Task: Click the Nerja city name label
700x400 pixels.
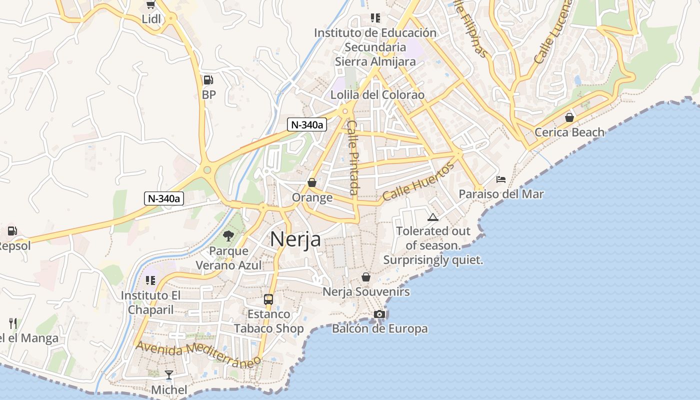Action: tap(295, 239)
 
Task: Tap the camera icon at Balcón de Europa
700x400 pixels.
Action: tap(379, 314)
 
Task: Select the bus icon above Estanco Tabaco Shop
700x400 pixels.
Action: tap(268, 299)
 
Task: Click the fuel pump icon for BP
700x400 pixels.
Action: tap(208, 80)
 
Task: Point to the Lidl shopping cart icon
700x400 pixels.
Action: tap(150, 5)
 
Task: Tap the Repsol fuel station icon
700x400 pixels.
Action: tap(12, 231)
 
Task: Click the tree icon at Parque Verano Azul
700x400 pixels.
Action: tap(229, 235)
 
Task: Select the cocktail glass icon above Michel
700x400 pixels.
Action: tap(169, 374)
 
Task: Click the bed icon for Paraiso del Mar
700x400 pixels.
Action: tap(501, 179)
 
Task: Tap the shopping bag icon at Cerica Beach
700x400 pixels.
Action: tap(569, 117)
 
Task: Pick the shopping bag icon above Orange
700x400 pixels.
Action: tap(312, 183)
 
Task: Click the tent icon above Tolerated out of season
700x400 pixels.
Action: tap(432, 217)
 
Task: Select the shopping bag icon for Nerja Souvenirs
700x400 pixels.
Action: tap(366, 277)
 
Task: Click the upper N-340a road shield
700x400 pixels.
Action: tap(307, 124)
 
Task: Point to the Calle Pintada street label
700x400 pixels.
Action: tap(353, 157)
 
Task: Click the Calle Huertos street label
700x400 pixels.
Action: tap(418, 181)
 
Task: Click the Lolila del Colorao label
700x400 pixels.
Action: tap(377, 94)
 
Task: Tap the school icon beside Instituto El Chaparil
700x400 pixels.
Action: tap(150, 280)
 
